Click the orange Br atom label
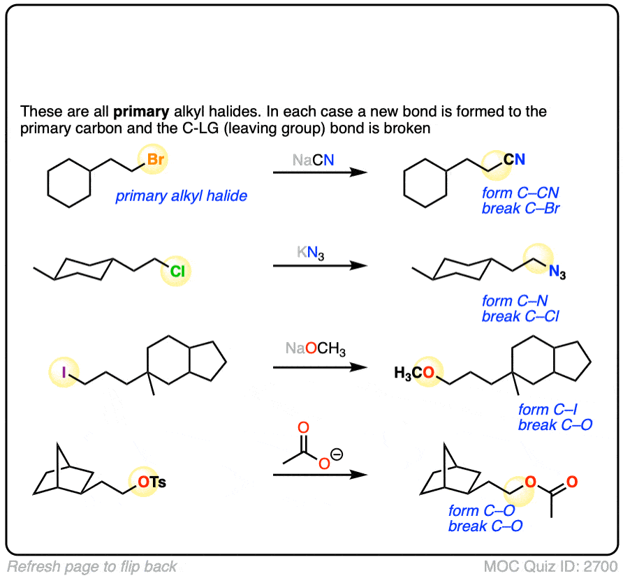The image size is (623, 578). pyautogui.click(x=155, y=159)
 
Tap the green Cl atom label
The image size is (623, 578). pyautogui.click(x=177, y=272)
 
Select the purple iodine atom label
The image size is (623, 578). pyautogui.click(x=64, y=372)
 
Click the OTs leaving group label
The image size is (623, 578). pyautogui.click(x=152, y=482)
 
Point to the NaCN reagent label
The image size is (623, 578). pyautogui.click(x=313, y=160)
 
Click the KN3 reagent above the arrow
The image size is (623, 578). pyautogui.click(x=310, y=253)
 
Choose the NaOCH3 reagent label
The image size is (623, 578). pyautogui.click(x=316, y=349)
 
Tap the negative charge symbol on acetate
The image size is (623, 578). pyautogui.click(x=337, y=454)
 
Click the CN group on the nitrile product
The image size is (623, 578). pyautogui.click(x=514, y=159)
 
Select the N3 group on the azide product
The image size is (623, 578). pyautogui.click(x=557, y=272)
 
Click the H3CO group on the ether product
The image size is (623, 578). pyautogui.click(x=414, y=373)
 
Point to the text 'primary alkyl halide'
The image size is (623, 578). pyautogui.click(x=181, y=196)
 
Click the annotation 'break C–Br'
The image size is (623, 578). pyautogui.click(x=521, y=208)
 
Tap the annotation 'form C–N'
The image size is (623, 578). pyautogui.click(x=515, y=301)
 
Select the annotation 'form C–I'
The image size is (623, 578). pyautogui.click(x=548, y=409)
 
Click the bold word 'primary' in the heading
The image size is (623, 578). pyautogui.click(x=142, y=112)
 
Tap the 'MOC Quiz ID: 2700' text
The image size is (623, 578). pyautogui.click(x=550, y=566)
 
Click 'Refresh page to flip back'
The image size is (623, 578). pyautogui.click(x=91, y=566)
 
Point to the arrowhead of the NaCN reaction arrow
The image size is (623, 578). pyautogui.click(x=359, y=172)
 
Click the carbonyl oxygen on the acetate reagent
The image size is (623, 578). pyautogui.click(x=304, y=427)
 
